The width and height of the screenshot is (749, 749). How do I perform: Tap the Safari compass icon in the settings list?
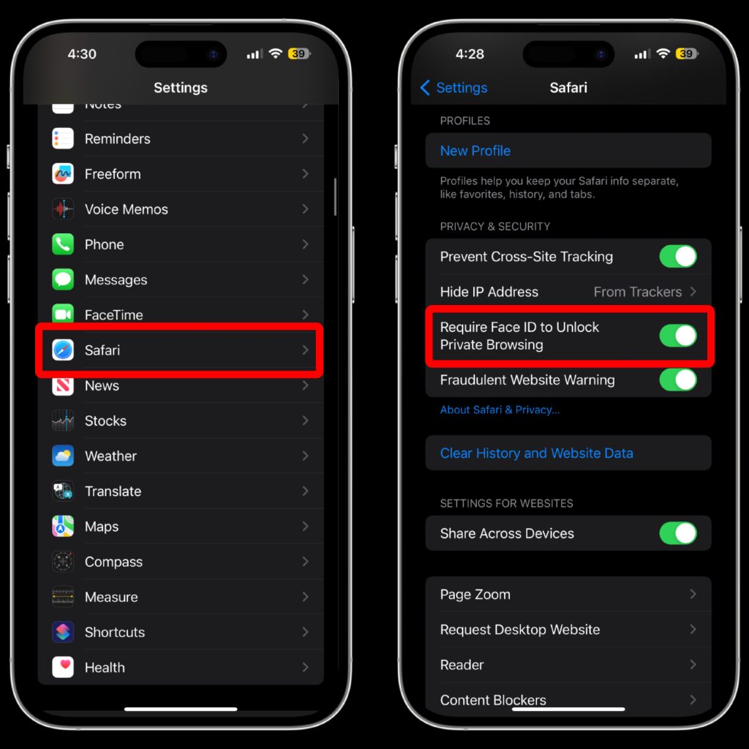click(63, 350)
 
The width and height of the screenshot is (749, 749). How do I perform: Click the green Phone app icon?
click(63, 244)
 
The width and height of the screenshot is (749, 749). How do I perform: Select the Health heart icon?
click(63, 667)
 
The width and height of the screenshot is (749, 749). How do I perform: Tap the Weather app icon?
click(63, 456)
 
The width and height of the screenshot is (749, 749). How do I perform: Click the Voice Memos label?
click(126, 209)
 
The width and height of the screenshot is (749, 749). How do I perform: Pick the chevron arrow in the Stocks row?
click(305, 421)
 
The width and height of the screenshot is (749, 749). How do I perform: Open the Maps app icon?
click(63, 527)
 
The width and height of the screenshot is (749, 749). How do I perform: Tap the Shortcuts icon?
click(63, 632)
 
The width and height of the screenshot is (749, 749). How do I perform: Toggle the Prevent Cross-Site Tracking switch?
click(678, 257)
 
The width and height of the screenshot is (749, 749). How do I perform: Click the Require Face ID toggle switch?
click(678, 336)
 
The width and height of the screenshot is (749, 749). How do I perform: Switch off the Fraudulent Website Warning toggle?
click(678, 380)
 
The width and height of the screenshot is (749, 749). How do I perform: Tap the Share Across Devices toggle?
click(678, 533)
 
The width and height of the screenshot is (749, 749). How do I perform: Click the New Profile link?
click(475, 151)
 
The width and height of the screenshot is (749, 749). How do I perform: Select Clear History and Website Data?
click(536, 453)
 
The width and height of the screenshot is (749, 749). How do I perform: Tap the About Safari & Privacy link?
click(500, 410)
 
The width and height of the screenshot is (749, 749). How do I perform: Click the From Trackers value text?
click(637, 292)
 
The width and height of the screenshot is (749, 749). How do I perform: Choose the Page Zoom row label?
click(475, 595)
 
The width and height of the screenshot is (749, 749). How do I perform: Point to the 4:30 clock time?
click(82, 54)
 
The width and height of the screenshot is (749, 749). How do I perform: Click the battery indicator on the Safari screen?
click(686, 54)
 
